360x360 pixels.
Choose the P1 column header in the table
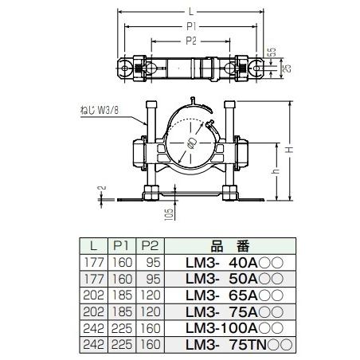(121, 245)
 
